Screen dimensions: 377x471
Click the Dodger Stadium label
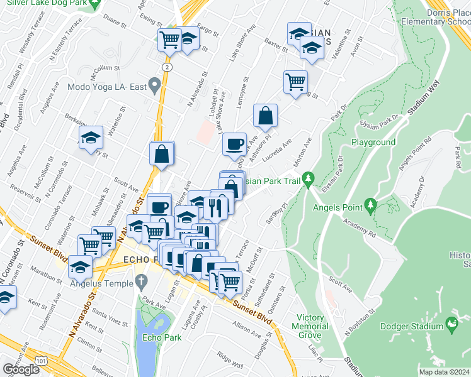click(x=413, y=327)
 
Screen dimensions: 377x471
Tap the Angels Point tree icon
click(x=371, y=204)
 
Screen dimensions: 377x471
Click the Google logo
click(x=21, y=369)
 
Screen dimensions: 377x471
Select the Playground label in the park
click(x=373, y=143)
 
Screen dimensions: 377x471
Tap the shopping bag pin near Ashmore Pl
click(x=266, y=116)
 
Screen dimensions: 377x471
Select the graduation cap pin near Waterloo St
click(x=91, y=138)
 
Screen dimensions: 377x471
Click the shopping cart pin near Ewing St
click(x=169, y=40)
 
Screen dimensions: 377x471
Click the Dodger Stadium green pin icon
click(x=451, y=324)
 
